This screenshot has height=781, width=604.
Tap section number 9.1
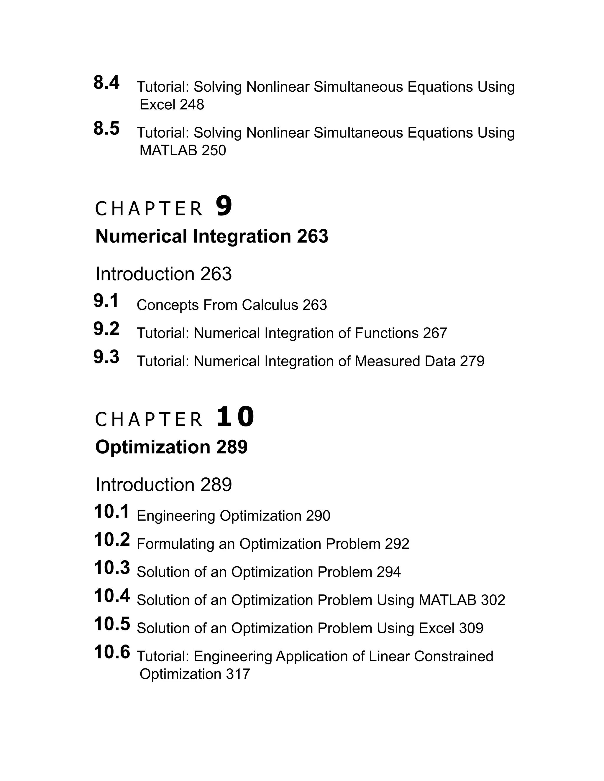pyautogui.click(x=106, y=301)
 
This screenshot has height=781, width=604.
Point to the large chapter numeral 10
pyautogui.click(x=235, y=417)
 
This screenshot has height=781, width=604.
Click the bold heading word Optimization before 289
pyautogui.click(x=153, y=447)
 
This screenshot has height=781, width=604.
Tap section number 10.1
pyautogui.click(x=111, y=512)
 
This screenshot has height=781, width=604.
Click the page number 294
pyautogui.click(x=389, y=572)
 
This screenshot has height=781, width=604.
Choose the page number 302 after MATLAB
pyautogui.click(x=493, y=600)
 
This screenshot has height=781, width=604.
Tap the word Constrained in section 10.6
pyautogui.click(x=453, y=657)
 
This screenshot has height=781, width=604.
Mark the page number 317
pyautogui.click(x=238, y=674)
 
